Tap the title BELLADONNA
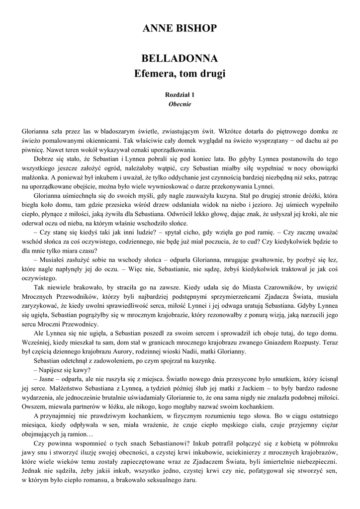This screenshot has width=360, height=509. click(180, 59)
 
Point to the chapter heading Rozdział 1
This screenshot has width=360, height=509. click(180, 94)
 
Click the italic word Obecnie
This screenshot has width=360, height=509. click(180, 104)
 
